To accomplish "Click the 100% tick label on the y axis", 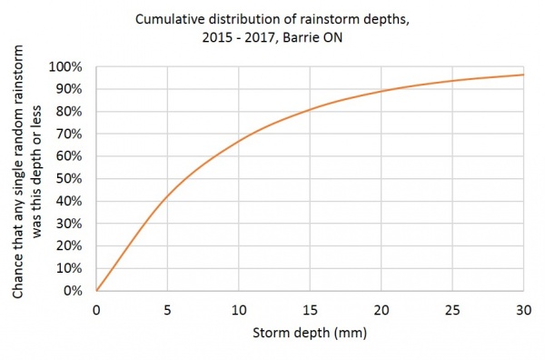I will [x=73, y=66].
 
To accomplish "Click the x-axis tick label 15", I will [x=310, y=309].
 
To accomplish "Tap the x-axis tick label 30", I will [x=523, y=309].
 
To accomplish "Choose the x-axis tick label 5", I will [x=168, y=309].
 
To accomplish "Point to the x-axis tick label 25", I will [x=452, y=309].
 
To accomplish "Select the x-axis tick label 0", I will [x=96, y=309].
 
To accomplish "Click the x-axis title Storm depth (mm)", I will [x=310, y=334].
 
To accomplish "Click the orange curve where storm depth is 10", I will [x=239, y=140].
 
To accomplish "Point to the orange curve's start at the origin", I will [x=97, y=291].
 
